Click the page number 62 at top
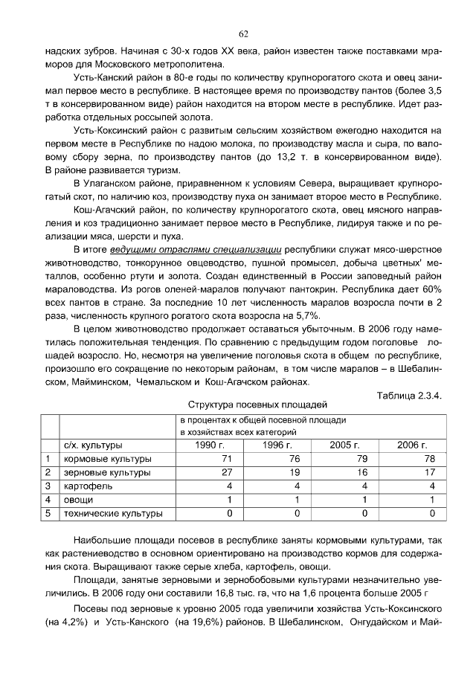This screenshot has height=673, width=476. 242,33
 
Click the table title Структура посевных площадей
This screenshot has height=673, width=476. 257,405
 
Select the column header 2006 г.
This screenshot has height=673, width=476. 412,445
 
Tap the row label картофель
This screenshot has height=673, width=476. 85,486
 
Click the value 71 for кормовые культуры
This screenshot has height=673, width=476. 228,459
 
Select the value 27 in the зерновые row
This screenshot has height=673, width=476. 228,472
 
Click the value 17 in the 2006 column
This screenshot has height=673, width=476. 430,472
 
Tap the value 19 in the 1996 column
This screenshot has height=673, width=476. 295,472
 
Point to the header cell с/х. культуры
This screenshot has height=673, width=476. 92,445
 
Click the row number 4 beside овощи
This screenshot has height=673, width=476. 48,500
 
